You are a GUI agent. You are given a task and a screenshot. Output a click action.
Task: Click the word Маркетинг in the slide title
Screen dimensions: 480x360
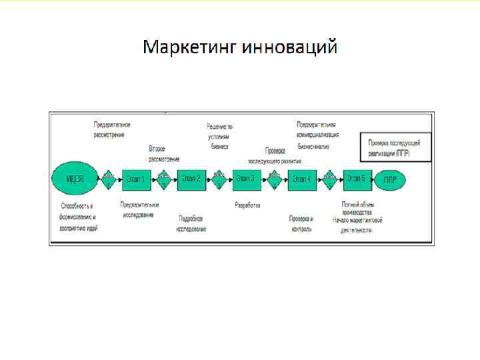[x=190, y=48]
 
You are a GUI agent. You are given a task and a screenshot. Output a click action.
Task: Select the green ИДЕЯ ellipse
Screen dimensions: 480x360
[x=75, y=179]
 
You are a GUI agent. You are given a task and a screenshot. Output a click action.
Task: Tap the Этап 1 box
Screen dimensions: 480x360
[x=137, y=179]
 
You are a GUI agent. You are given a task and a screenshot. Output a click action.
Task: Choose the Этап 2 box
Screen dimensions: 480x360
[x=192, y=179]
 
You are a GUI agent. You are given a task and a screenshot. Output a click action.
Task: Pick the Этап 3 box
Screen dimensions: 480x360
[x=247, y=179]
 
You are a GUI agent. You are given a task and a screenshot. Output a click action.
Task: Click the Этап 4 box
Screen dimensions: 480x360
[x=302, y=179]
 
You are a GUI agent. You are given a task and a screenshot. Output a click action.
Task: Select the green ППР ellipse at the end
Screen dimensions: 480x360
[x=390, y=179]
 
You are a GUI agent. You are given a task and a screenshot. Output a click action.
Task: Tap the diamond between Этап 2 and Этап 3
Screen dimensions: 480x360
[x=219, y=179]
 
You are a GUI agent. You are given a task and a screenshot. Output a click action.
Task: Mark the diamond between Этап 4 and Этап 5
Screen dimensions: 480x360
[x=329, y=179]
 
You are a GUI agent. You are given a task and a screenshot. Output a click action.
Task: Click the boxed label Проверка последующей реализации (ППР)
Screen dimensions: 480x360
[x=395, y=147]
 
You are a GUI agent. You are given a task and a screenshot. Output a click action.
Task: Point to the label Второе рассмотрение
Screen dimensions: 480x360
[x=164, y=153]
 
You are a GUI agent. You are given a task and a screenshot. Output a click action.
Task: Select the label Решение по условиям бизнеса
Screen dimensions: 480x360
[x=220, y=136]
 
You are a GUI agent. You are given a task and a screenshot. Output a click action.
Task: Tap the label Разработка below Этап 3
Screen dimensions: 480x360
[x=247, y=205]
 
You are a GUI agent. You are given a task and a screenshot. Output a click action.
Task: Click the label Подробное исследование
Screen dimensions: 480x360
[x=191, y=223]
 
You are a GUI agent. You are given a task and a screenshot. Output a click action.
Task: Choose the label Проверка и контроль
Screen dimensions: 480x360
[x=301, y=223]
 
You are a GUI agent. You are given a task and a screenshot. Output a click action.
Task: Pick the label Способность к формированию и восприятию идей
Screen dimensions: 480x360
[x=79, y=217]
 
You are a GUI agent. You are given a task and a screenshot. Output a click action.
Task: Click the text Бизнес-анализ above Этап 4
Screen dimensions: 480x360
[x=313, y=145]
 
